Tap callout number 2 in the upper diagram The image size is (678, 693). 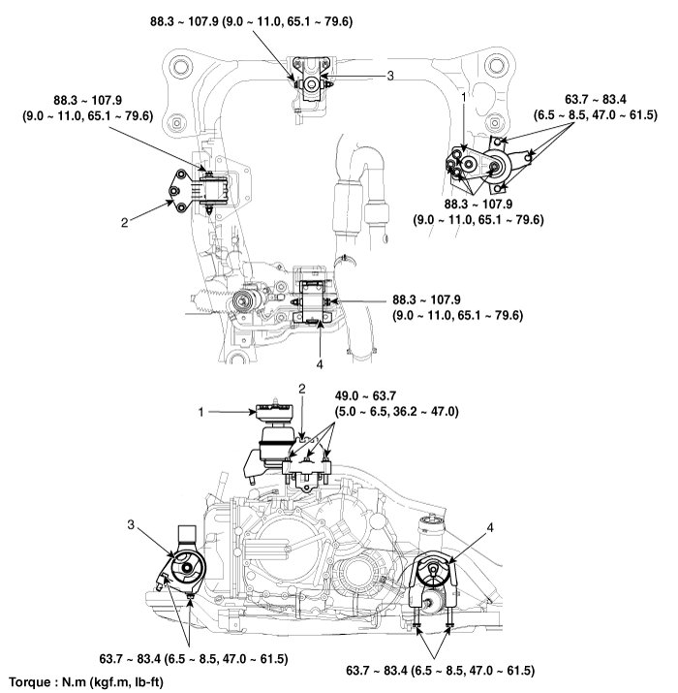tap(125, 222)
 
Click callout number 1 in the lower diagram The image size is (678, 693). tap(201, 412)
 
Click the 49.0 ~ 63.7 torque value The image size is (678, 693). tap(369, 395)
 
